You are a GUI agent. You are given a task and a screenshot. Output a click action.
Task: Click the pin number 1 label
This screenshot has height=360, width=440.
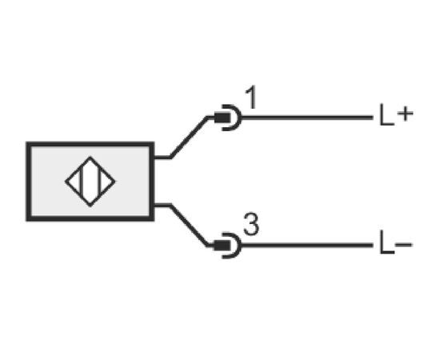point(252,98)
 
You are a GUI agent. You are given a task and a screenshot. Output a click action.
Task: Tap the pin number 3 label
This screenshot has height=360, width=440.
point(251,225)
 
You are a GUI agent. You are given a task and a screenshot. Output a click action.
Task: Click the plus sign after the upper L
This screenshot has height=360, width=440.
point(406,114)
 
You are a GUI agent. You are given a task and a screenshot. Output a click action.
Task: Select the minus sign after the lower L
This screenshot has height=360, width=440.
point(403,245)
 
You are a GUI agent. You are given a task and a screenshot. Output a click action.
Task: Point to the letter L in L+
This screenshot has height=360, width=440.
point(386,114)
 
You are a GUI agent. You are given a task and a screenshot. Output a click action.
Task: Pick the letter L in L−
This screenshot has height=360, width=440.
point(386,242)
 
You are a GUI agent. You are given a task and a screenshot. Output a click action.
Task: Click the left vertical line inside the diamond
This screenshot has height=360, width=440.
point(82,182)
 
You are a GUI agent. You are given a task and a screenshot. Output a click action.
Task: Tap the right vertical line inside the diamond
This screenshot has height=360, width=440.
point(99,182)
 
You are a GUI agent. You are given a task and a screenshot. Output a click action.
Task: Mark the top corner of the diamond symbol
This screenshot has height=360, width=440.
point(90,157)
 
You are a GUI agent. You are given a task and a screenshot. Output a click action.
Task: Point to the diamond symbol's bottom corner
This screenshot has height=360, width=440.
point(90,206)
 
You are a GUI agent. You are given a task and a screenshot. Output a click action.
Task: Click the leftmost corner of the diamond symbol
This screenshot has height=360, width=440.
point(66,182)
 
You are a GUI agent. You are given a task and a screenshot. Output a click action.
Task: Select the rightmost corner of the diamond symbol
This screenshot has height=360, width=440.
point(114,182)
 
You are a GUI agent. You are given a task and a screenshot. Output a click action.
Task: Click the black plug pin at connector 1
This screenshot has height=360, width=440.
point(222,118)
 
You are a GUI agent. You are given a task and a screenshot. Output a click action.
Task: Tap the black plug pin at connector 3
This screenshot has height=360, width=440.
point(222,246)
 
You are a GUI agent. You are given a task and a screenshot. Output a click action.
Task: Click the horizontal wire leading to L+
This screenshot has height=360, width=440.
point(307,118)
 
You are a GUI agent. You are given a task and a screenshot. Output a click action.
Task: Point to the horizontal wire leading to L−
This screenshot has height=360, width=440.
point(307,246)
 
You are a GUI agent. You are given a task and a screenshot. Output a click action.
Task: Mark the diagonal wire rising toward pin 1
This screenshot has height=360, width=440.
point(189,138)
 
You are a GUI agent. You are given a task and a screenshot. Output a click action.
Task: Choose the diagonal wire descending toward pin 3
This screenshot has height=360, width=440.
point(189,226)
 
